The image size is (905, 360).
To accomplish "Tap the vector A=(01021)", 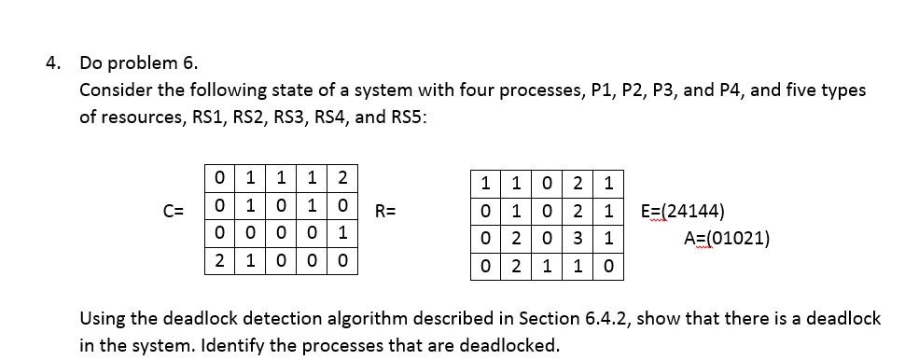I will (727, 239).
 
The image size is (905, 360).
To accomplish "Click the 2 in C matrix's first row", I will (342, 176).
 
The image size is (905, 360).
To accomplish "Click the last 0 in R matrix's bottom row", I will (607, 268).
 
